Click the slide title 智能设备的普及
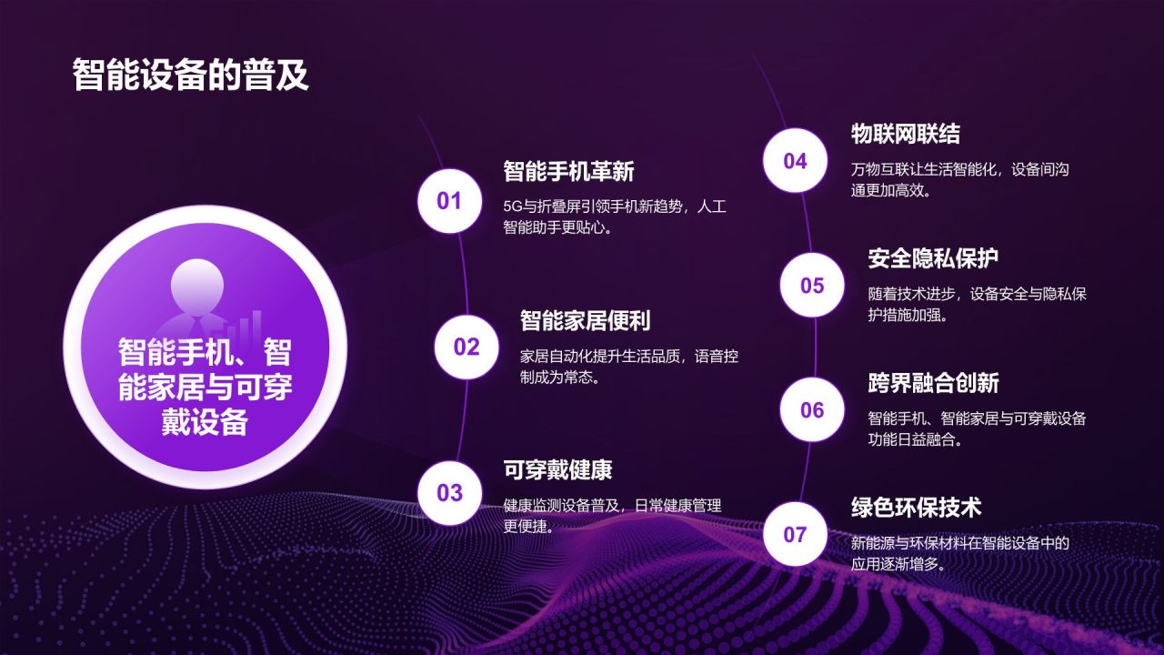(x=191, y=76)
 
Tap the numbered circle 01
(x=449, y=201)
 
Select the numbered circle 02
(x=467, y=347)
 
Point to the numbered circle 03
(x=449, y=493)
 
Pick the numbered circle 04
(x=795, y=161)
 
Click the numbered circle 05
(x=812, y=286)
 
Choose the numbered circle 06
(x=812, y=410)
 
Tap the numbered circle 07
(x=795, y=534)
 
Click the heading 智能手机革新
(x=568, y=171)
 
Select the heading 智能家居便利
(x=585, y=320)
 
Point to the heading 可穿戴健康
(x=557, y=469)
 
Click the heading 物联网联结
(x=905, y=134)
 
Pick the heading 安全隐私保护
(x=933, y=258)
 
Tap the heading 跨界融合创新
(x=933, y=383)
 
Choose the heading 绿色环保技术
(x=916, y=507)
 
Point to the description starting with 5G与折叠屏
(x=615, y=217)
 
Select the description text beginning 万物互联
(x=959, y=180)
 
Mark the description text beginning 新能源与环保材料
(x=959, y=553)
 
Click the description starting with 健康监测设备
(x=612, y=515)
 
